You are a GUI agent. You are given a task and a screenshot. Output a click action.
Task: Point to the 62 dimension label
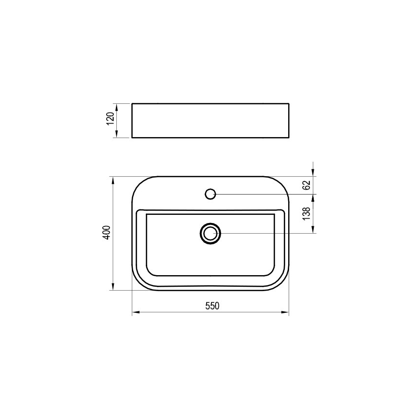click(x=306, y=185)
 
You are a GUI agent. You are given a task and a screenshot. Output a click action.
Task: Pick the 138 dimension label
click(x=306, y=214)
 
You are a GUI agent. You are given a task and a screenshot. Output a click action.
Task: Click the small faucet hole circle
click(x=210, y=194)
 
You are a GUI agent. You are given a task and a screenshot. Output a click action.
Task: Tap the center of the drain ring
click(x=210, y=234)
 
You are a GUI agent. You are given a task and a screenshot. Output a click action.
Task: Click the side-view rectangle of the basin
click(x=210, y=120)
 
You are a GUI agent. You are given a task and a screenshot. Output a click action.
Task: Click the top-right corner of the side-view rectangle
click(x=289, y=103)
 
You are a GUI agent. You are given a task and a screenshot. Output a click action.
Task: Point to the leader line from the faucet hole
click(x=265, y=194)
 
